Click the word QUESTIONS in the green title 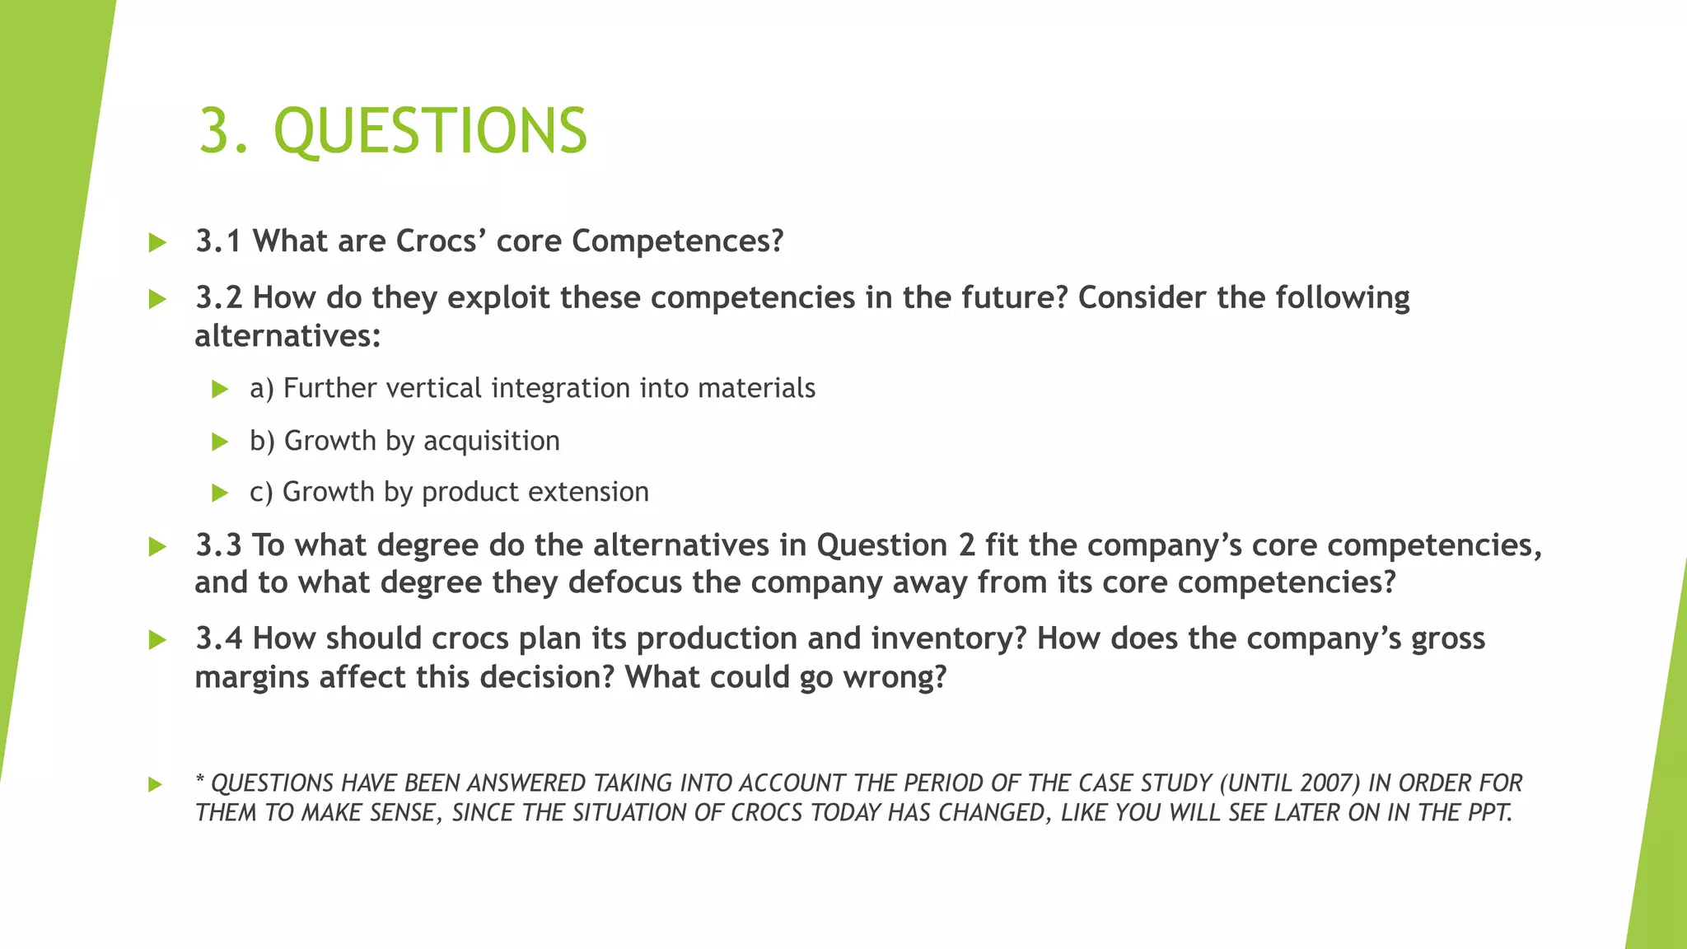click(x=430, y=131)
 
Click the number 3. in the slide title click(x=223, y=131)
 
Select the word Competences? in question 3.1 click(x=677, y=241)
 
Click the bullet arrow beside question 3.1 click(x=157, y=242)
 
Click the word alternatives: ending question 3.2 click(x=287, y=335)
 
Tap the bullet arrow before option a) click(x=219, y=389)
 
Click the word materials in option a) click(x=756, y=388)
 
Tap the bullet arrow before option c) click(x=219, y=493)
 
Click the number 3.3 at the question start click(x=218, y=545)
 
